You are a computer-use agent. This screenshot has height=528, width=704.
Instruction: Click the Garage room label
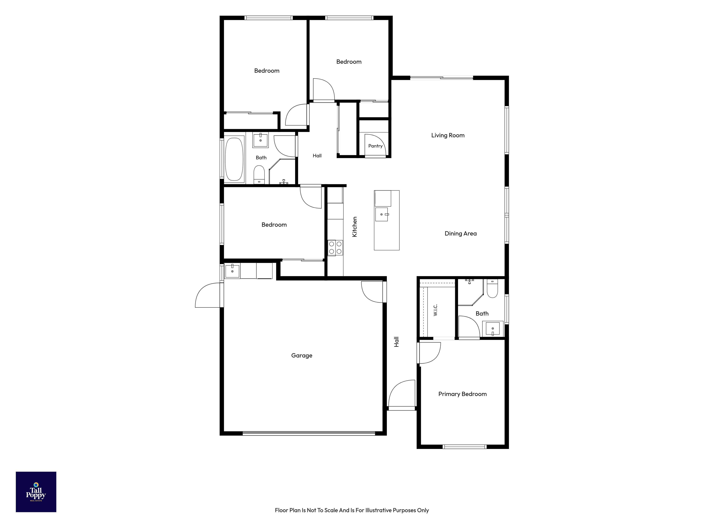point(302,355)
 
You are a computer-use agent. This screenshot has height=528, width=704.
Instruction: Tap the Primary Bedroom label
point(462,394)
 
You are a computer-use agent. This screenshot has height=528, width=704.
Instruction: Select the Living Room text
point(448,135)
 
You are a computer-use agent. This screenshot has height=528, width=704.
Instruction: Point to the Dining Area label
point(461,234)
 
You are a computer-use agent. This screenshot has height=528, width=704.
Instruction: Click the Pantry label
point(375,146)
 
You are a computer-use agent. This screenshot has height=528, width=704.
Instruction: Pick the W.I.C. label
point(435,310)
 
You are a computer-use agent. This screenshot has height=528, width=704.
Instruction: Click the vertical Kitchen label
point(355,227)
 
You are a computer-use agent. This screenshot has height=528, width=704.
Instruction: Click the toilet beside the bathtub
point(259,175)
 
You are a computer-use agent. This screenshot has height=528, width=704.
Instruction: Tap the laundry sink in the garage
point(233,271)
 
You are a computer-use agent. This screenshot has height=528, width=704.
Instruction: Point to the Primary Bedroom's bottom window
point(465,447)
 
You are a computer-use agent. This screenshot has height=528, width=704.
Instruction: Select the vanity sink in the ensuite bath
point(493,329)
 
